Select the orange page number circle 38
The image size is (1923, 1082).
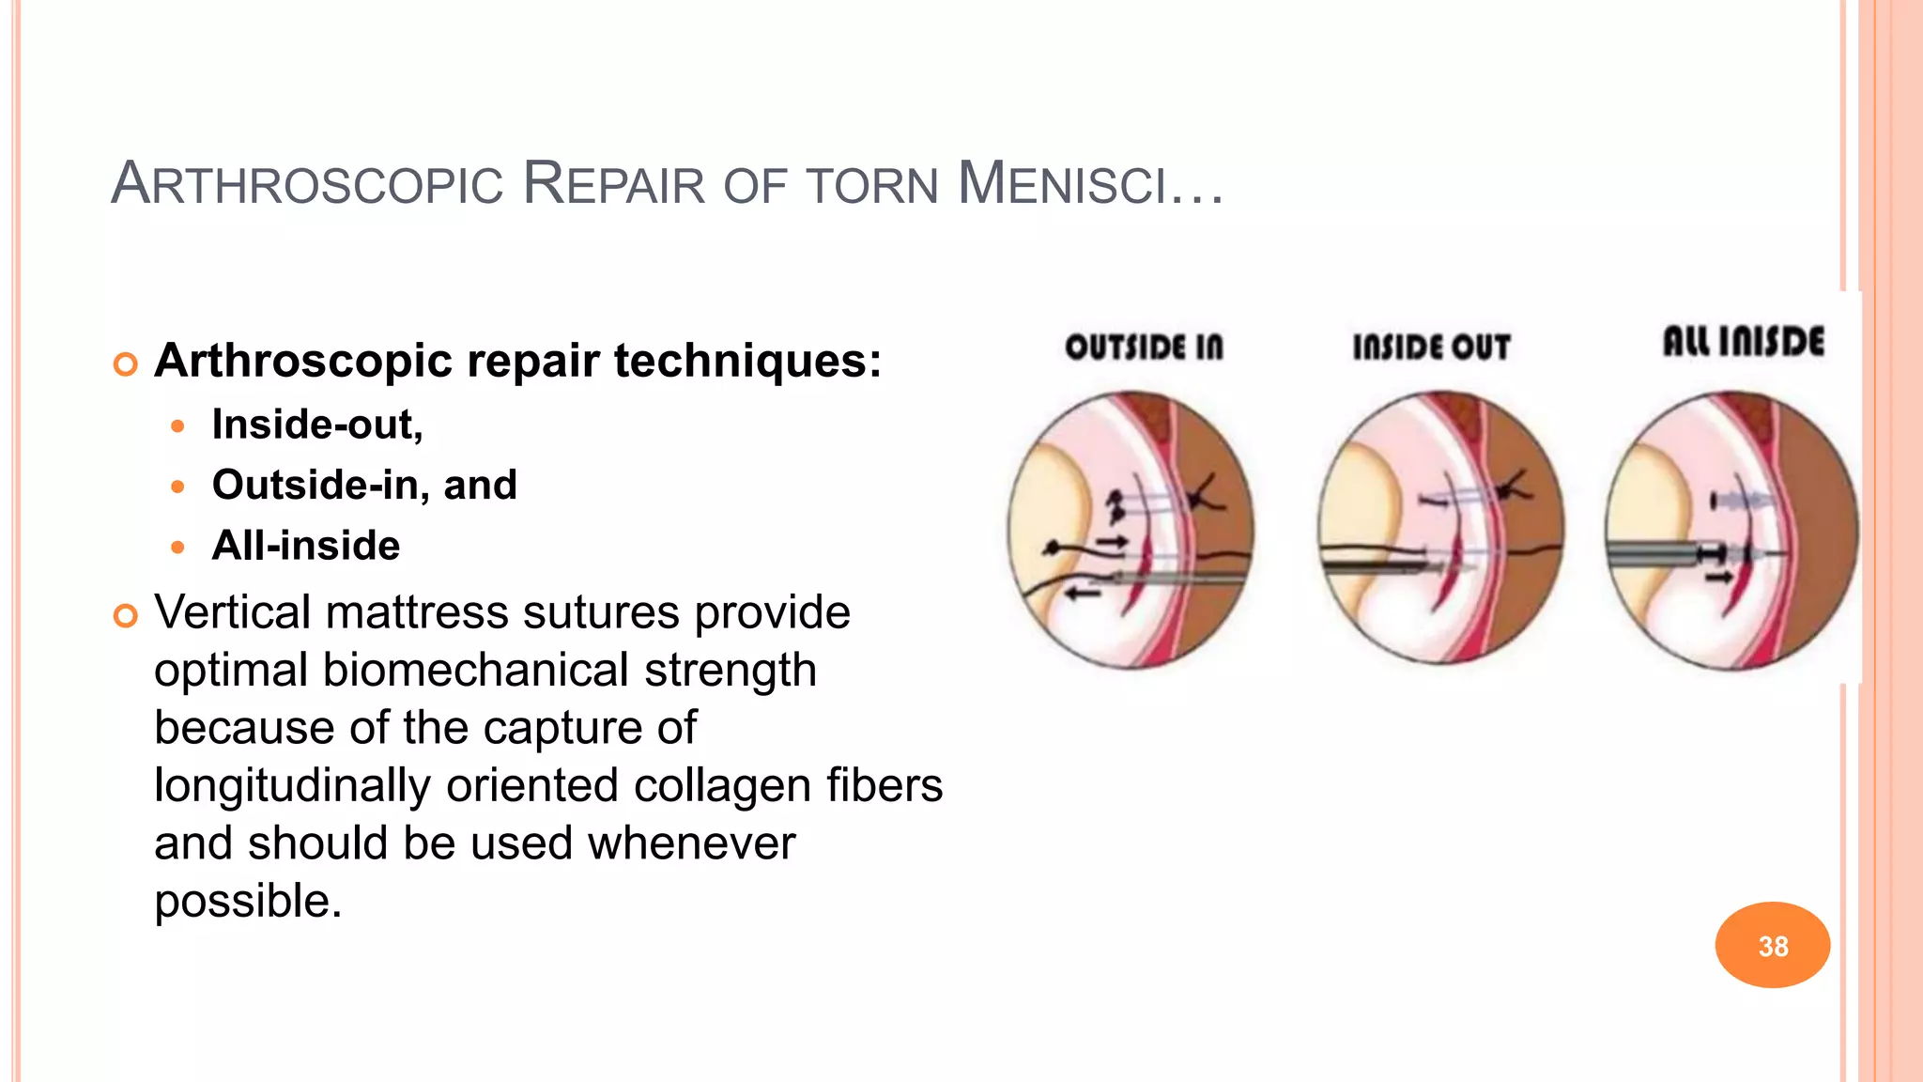click(1772, 945)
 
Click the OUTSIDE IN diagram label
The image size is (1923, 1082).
click(1144, 348)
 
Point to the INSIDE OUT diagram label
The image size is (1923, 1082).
click(1431, 348)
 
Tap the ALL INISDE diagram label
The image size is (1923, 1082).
click(1744, 342)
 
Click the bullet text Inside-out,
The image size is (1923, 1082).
click(317, 425)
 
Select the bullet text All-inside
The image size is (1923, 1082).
click(306, 546)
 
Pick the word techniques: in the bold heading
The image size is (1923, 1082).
click(747, 362)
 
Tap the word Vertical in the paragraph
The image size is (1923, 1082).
click(232, 612)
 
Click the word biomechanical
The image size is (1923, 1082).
click(475, 671)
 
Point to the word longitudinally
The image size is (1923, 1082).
click(292, 786)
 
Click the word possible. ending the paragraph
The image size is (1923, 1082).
click(248, 902)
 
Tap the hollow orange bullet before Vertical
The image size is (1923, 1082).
click(125, 616)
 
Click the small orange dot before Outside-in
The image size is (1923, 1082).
click(178, 487)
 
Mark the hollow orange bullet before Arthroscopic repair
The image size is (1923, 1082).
click(125, 363)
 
